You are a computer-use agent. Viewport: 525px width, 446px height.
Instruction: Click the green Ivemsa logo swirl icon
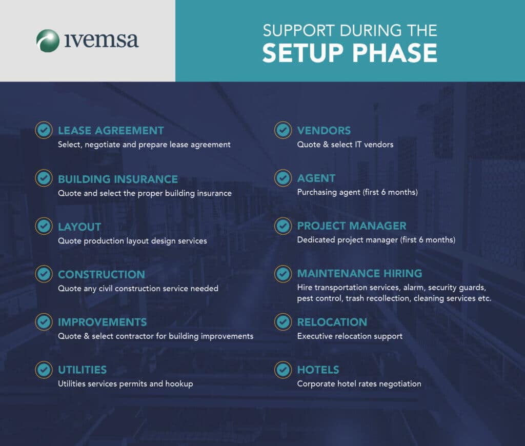[x=48, y=41]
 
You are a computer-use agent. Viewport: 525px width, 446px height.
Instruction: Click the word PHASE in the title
[x=395, y=53]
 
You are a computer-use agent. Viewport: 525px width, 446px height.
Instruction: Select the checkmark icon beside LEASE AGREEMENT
[x=44, y=130]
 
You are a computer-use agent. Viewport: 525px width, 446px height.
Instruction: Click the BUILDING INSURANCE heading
[x=118, y=179]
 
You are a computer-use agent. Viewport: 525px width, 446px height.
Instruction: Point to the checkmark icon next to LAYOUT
[x=44, y=226]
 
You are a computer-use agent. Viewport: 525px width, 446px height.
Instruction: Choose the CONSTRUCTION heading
[x=102, y=275]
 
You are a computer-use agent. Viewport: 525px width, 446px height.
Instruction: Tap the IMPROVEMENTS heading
[x=103, y=322]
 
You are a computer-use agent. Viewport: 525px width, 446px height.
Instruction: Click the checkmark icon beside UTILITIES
[x=44, y=370]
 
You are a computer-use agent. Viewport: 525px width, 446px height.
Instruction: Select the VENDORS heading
[x=324, y=131]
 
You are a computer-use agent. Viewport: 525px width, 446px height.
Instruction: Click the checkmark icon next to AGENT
[x=283, y=178]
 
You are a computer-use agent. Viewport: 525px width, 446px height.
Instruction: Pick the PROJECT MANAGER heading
[x=352, y=226]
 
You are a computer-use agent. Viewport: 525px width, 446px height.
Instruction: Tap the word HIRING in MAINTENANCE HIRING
[x=403, y=274]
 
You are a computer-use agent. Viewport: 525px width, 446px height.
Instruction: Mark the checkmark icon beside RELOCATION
[x=283, y=322]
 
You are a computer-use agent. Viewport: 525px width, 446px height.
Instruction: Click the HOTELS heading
[x=318, y=370]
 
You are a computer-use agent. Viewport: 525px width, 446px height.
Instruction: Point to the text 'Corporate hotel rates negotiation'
[x=359, y=384]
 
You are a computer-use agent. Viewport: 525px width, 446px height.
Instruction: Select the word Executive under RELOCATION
[x=313, y=336]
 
